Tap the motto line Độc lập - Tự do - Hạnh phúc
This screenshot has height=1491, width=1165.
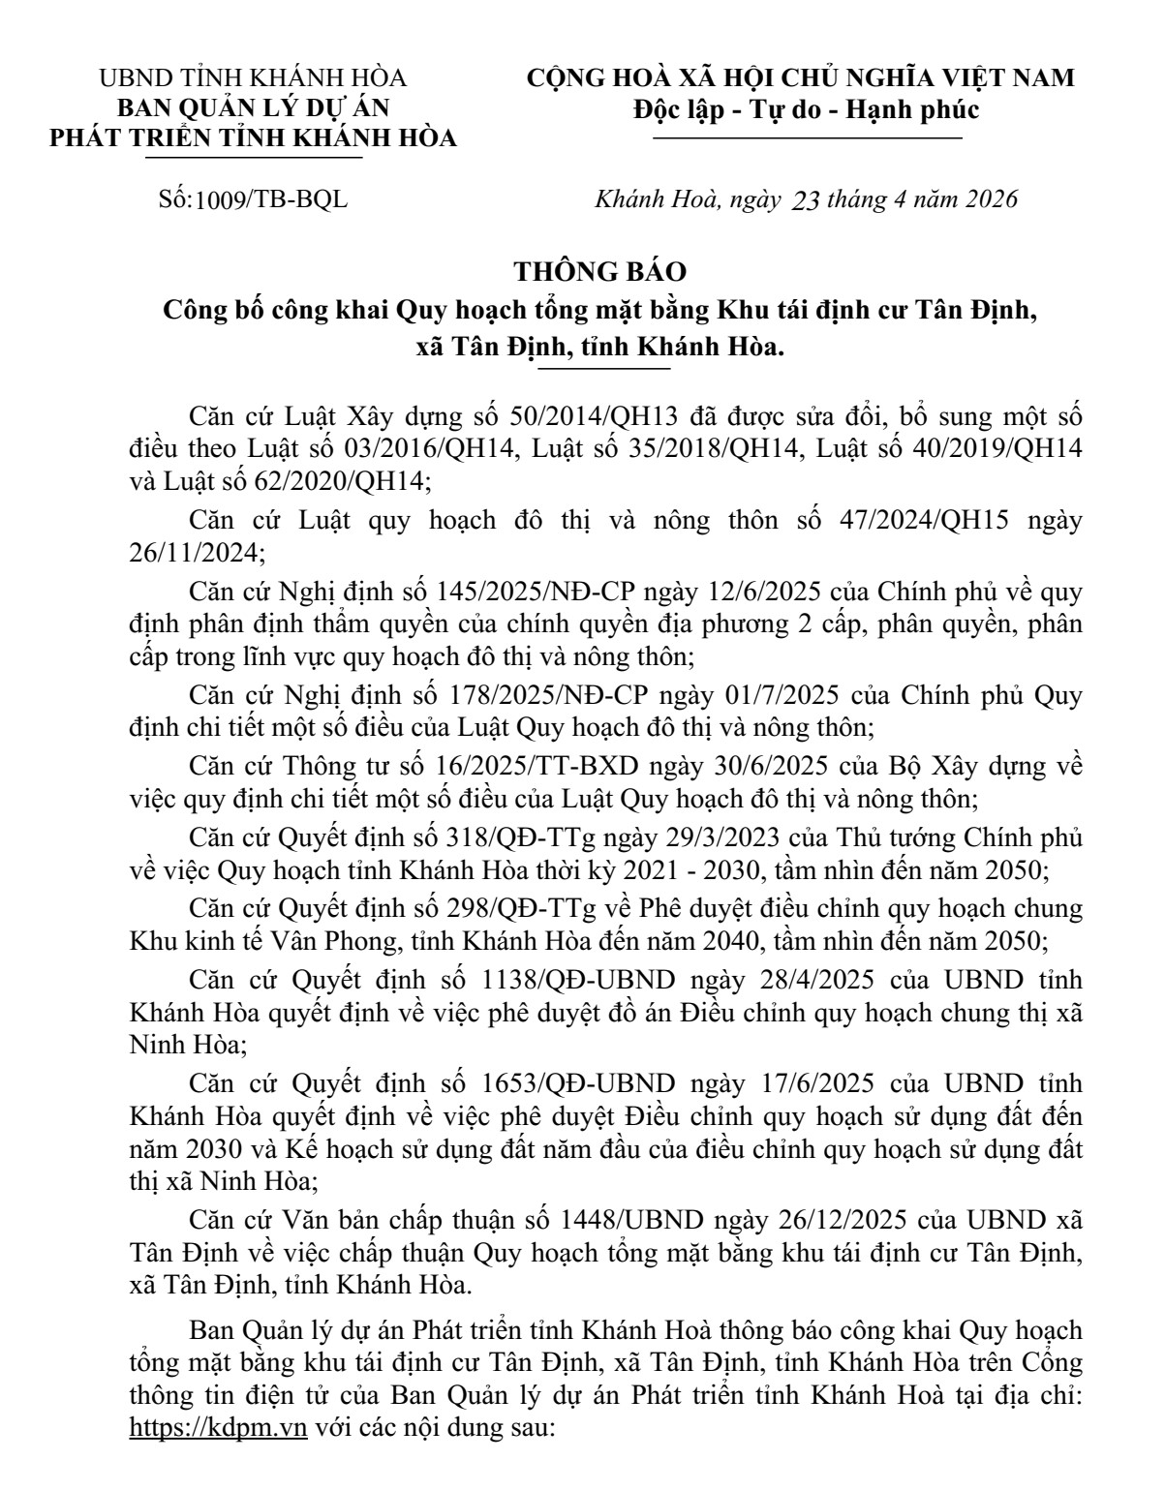click(806, 109)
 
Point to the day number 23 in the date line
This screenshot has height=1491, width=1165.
click(807, 200)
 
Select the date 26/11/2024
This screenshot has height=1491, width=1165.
click(195, 553)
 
